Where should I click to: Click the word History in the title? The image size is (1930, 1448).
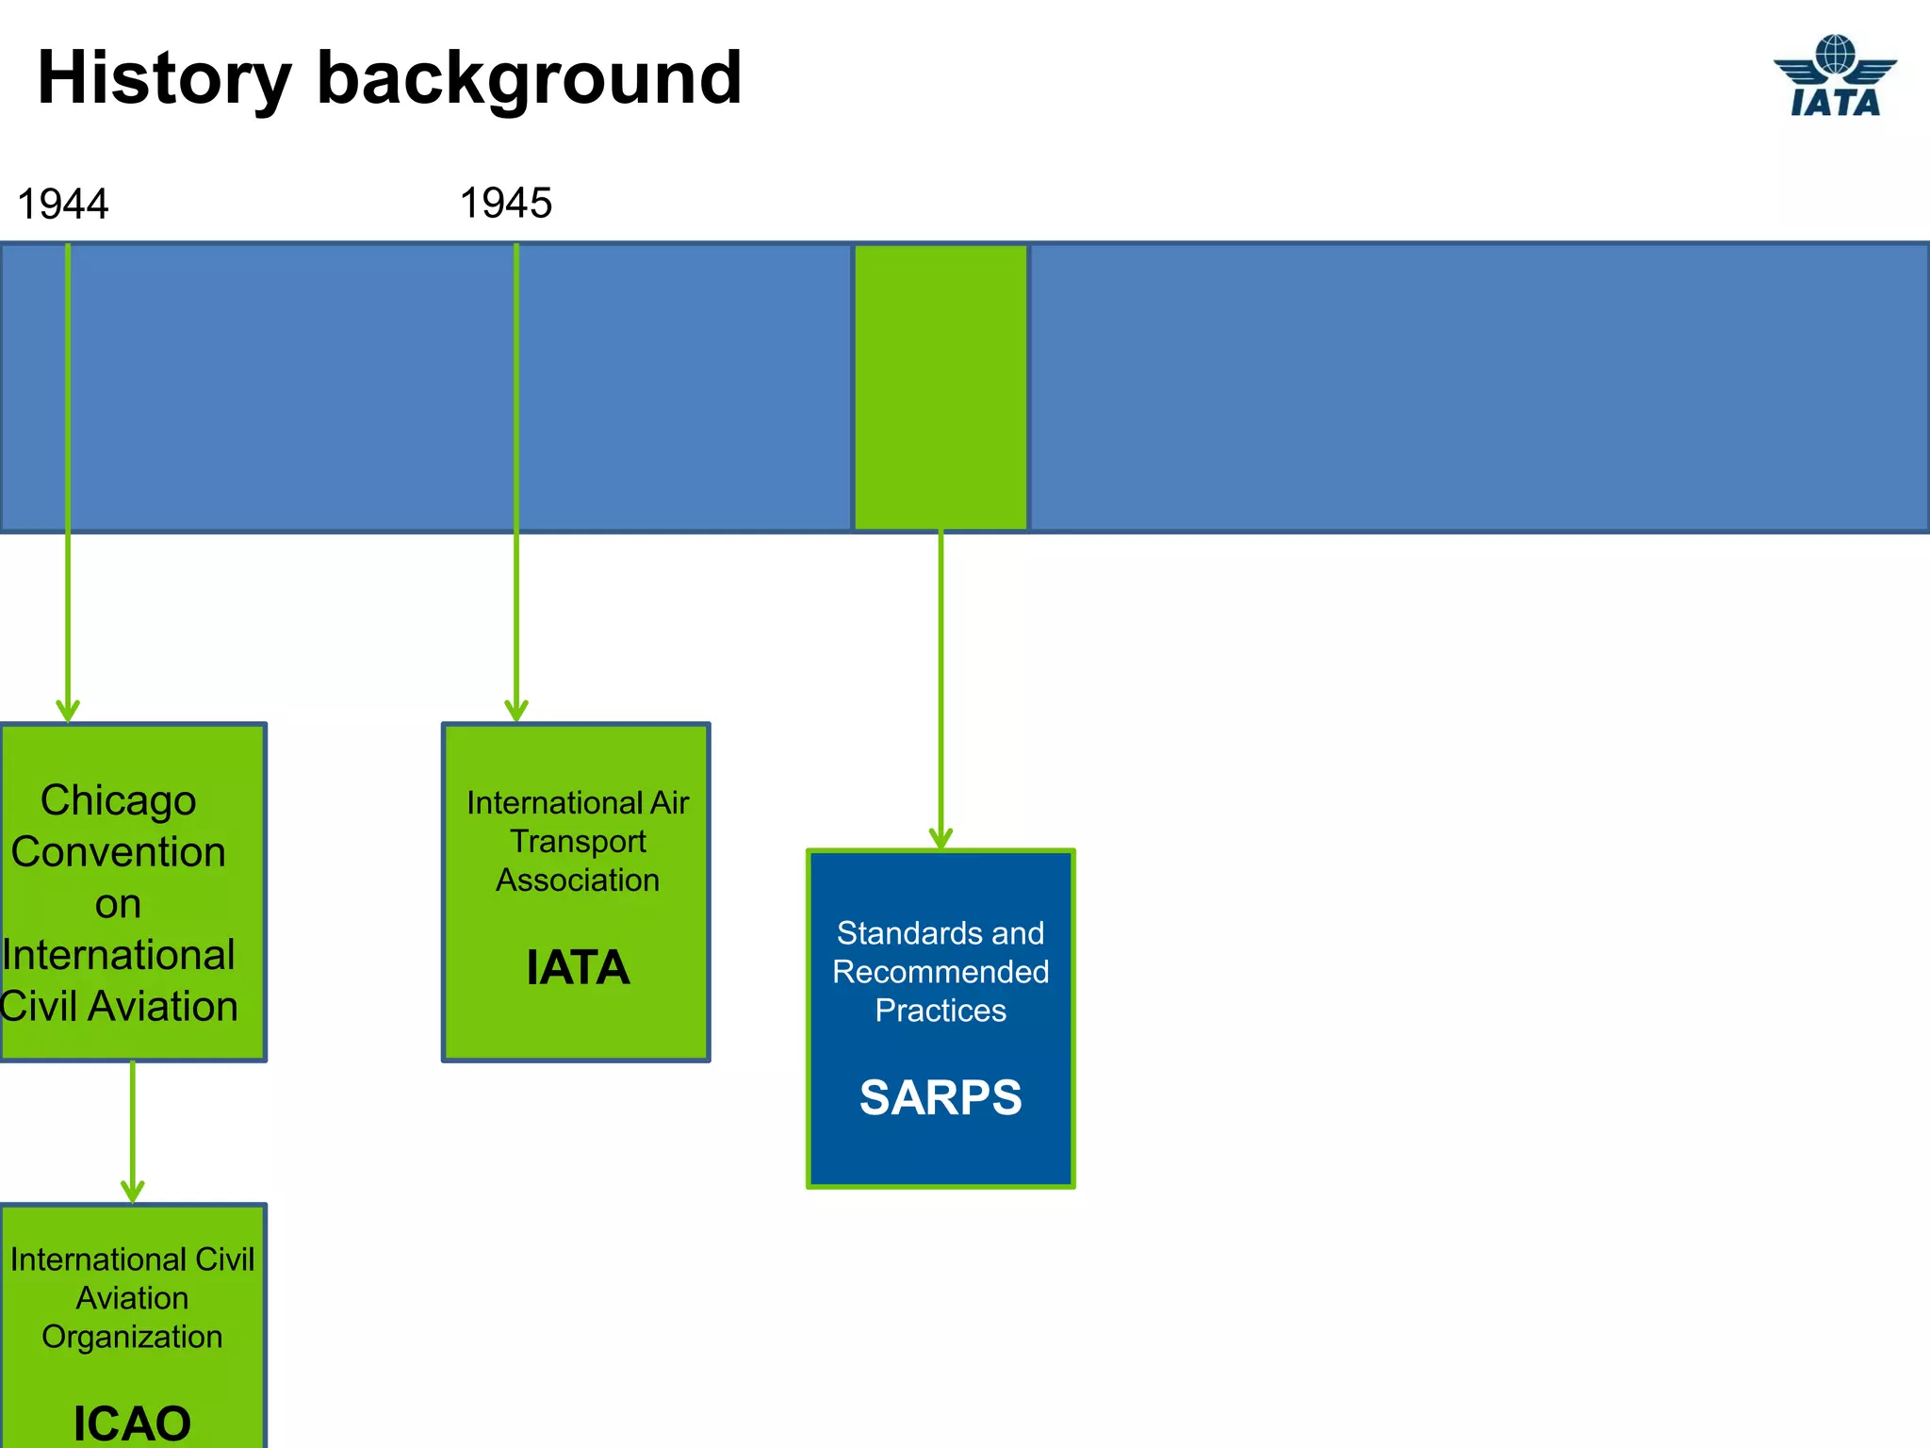click(x=164, y=79)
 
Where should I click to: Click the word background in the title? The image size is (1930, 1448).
click(x=529, y=79)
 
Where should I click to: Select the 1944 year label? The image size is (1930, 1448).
click(x=63, y=205)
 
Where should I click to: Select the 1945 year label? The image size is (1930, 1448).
click(x=505, y=204)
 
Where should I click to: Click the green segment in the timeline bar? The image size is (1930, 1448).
click(x=940, y=387)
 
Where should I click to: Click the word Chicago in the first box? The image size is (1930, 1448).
click(x=118, y=801)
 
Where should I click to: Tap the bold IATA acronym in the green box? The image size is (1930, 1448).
click(x=577, y=968)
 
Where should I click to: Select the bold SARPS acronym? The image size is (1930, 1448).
click(x=940, y=1098)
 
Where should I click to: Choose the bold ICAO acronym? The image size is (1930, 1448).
click(x=132, y=1422)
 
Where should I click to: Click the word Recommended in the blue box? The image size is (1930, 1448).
click(x=940, y=972)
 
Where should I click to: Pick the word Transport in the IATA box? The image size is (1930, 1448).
click(x=578, y=841)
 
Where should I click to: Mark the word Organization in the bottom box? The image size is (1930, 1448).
click(x=132, y=1337)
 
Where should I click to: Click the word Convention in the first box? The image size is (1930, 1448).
click(x=118, y=852)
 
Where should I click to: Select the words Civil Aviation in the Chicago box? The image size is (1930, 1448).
click(x=120, y=1007)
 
